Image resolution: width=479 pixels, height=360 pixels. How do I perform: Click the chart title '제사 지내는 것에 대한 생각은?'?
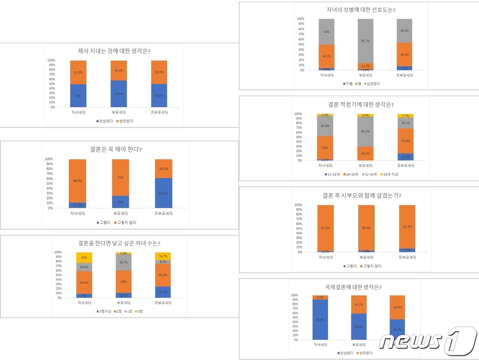coord(114,51)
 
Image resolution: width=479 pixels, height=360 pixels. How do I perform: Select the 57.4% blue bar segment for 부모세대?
coord(119,94)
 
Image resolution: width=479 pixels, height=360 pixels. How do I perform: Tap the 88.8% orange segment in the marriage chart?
coord(77,181)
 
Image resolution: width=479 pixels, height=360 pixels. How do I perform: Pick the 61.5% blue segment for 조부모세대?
coord(164,193)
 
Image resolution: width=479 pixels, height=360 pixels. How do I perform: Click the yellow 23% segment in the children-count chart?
coord(84,257)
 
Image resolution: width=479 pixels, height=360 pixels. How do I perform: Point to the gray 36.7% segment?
coord(124,263)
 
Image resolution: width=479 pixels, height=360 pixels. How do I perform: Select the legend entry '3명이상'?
coord(104,311)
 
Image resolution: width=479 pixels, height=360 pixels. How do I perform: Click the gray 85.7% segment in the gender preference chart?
coord(365,41)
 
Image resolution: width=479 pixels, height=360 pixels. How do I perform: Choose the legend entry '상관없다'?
coord(372,83)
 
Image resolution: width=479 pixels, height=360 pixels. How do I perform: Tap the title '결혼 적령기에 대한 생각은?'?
coord(361,105)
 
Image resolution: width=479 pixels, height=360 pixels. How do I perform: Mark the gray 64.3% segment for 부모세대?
coord(365,131)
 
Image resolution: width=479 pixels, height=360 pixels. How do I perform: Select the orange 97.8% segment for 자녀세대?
coord(325,228)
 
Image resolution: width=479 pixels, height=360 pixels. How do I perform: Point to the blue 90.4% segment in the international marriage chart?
coord(320,319)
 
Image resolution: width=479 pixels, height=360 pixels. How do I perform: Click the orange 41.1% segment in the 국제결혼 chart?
coord(359,304)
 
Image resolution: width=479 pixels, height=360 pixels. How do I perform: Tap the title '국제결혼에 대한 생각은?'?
coord(353,287)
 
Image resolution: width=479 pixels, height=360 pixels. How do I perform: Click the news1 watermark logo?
coord(428,340)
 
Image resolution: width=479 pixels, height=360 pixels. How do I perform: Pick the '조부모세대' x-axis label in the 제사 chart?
coord(159,112)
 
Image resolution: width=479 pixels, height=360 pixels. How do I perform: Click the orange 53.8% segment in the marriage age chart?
coord(406,141)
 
